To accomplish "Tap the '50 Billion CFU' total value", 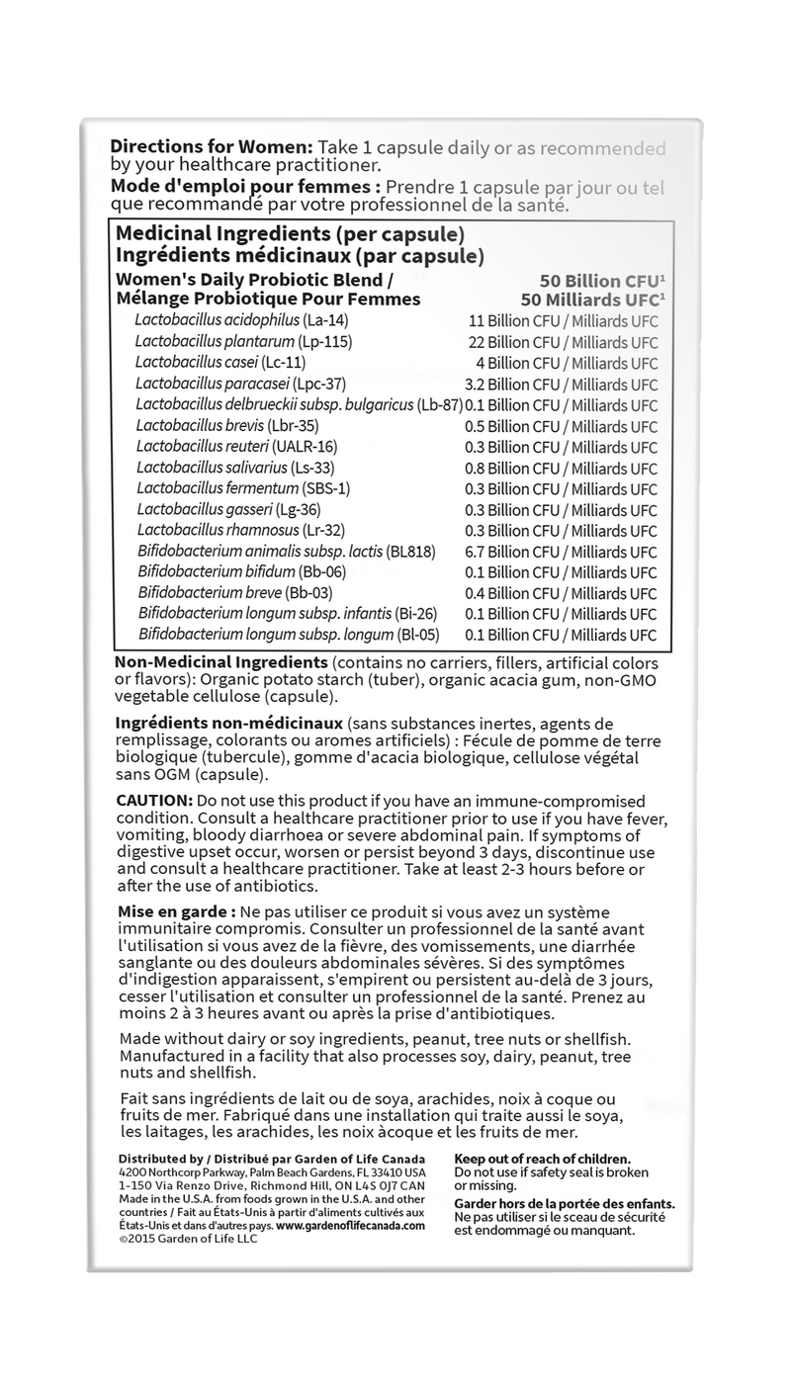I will pyautogui.click(x=597, y=280).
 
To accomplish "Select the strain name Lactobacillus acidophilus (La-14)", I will pyautogui.click(x=241, y=320).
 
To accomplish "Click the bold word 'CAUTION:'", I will pyautogui.click(x=154, y=799).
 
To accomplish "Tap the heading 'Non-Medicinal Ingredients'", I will pyautogui.click(x=221, y=661).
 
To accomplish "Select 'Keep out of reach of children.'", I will pyautogui.click(x=542, y=1158).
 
